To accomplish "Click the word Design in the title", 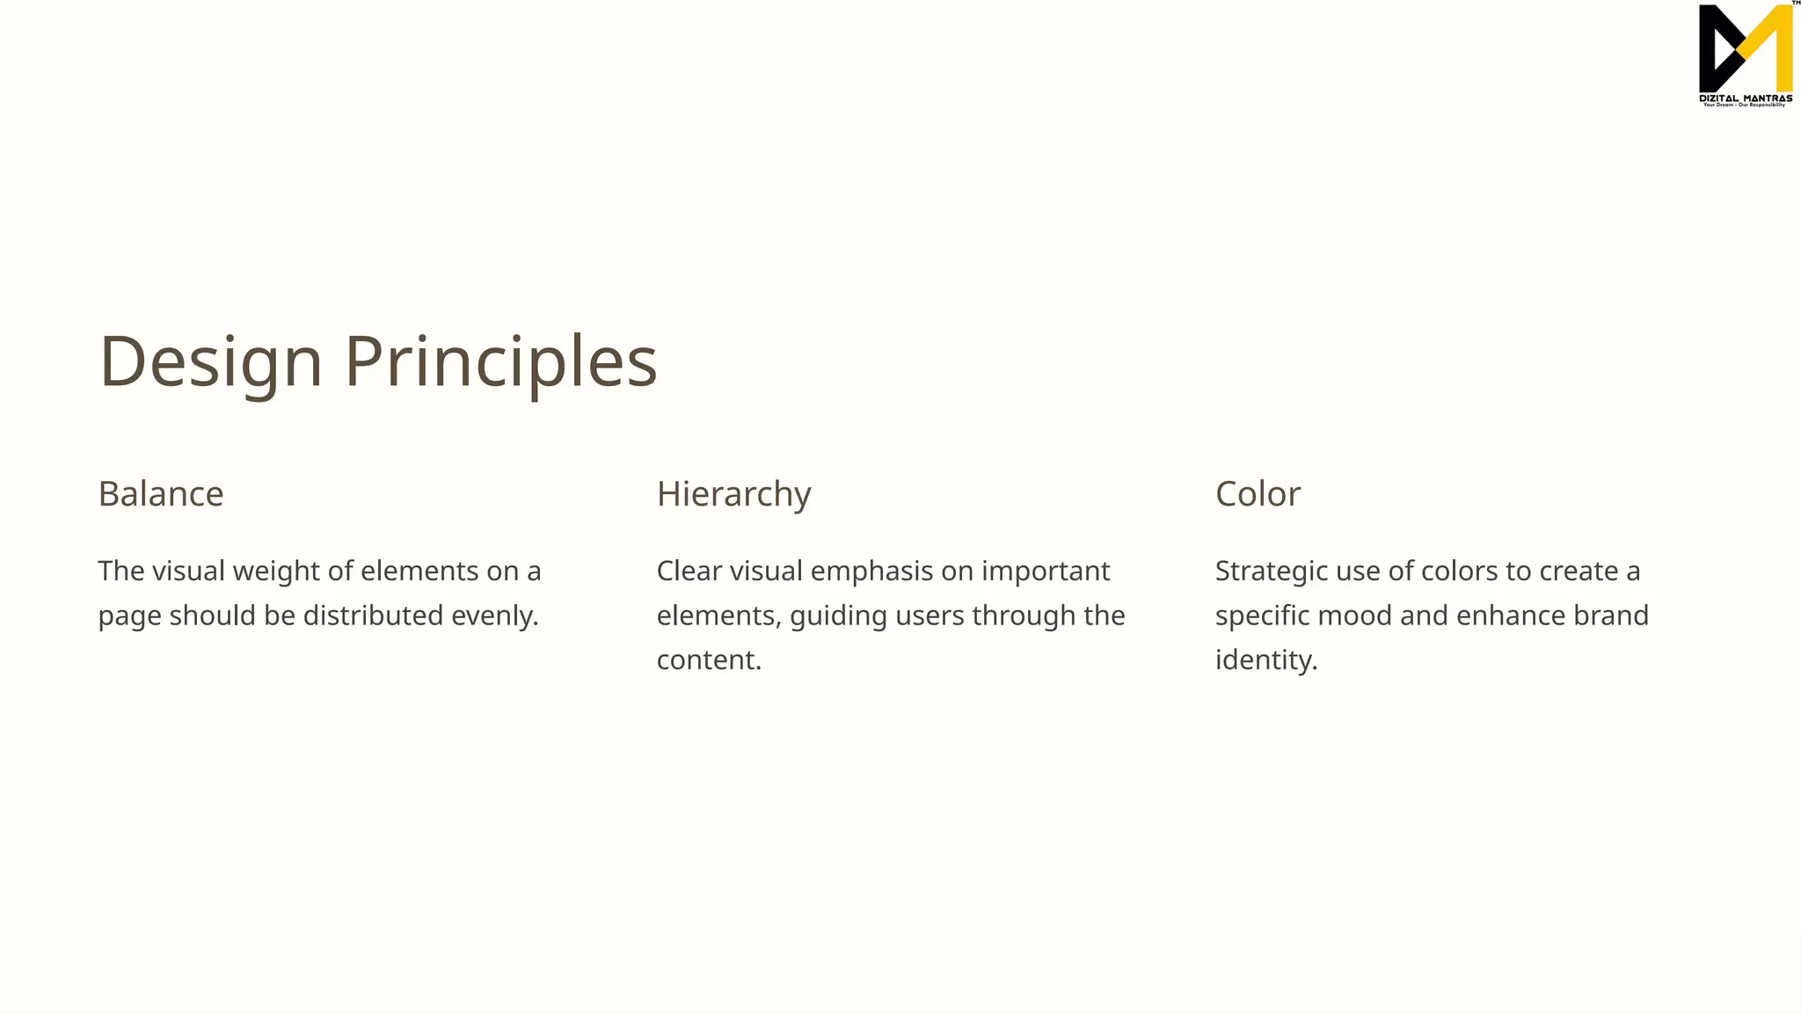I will click(211, 361).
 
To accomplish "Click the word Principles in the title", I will click(500, 361).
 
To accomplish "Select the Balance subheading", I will click(161, 494).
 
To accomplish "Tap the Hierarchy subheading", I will click(733, 494).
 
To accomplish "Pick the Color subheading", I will click(1258, 494).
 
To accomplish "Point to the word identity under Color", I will click(1265, 660).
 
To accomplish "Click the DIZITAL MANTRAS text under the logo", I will click(1746, 98).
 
